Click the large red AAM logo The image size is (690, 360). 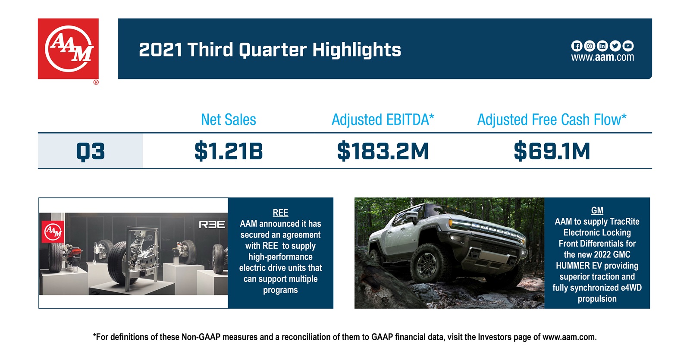(68, 49)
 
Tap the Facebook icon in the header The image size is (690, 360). (577, 46)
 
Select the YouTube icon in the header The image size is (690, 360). (628, 46)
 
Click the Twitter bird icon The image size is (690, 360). (615, 46)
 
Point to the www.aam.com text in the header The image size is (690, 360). (602, 57)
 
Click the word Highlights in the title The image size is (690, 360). (357, 50)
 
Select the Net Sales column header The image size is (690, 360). (228, 119)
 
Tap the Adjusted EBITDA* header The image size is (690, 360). (383, 119)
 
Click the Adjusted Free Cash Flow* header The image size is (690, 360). (552, 119)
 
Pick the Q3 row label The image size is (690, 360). (91, 151)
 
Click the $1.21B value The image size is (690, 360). (228, 151)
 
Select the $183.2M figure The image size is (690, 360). (383, 151)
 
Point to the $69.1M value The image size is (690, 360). (552, 151)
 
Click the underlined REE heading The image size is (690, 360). (280, 213)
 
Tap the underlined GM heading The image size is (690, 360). (597, 210)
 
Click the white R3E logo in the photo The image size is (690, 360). (212, 225)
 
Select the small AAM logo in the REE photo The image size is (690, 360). (53, 232)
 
